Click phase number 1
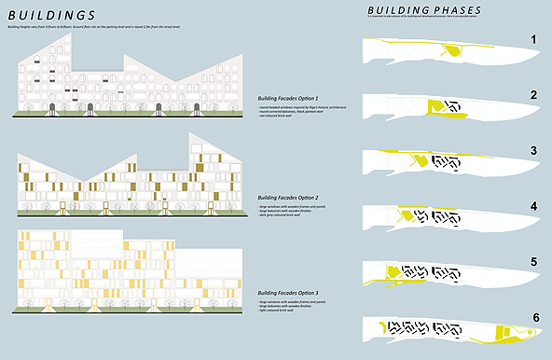pos(533,40)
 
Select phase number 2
pos(533,94)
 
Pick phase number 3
pos(533,149)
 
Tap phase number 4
pos(533,206)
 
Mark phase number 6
pos(533,318)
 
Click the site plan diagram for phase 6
pos(438,329)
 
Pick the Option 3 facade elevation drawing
pos(131,270)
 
